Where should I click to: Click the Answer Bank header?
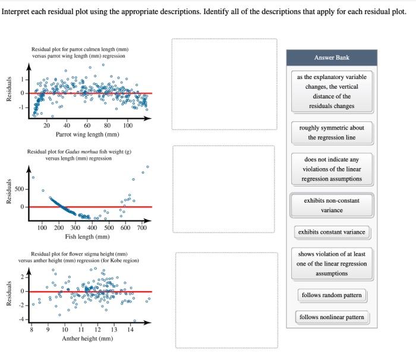coord(332,58)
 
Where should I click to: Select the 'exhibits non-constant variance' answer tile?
coord(332,205)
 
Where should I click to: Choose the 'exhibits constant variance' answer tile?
coord(332,232)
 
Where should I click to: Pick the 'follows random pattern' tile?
coord(332,295)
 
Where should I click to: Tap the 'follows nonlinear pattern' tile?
coord(332,317)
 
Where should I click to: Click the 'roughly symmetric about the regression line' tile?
coord(332,132)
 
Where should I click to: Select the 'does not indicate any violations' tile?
coord(332,169)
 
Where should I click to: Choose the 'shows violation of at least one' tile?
coord(332,264)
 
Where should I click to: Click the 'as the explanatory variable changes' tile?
coord(332,91)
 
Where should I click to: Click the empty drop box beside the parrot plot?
coord(224,84)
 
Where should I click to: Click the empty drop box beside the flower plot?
coord(226,300)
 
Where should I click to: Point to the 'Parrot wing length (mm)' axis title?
coord(87,134)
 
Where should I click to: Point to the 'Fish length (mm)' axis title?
coord(87,236)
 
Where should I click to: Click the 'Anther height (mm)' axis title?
coord(87,339)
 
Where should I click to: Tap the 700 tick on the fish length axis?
coord(141,228)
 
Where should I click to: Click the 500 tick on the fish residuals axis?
coord(18,189)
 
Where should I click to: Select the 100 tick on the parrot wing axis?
coord(128,125)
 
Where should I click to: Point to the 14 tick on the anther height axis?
coord(131,329)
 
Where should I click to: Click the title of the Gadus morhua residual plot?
coord(79,155)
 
